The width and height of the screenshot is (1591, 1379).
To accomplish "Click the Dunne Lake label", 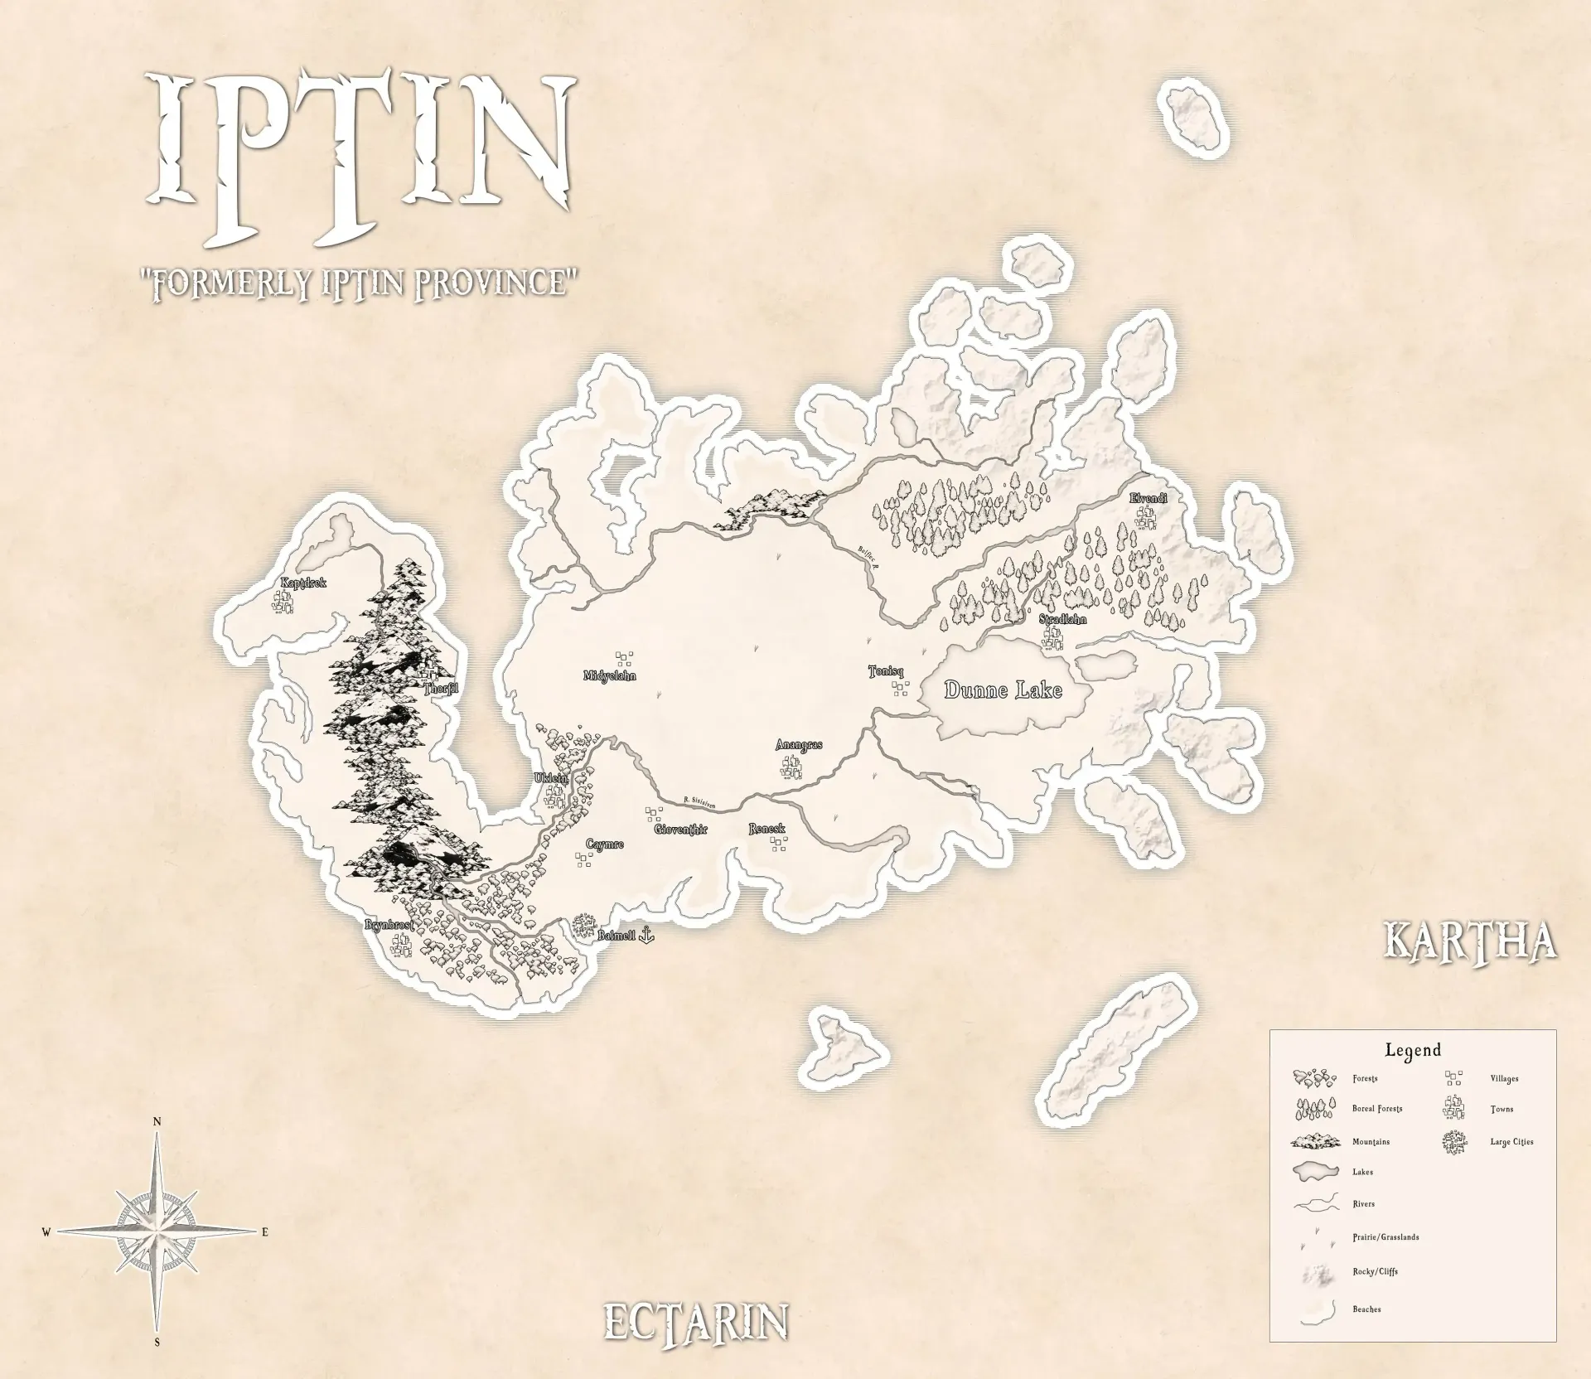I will click(1003, 690).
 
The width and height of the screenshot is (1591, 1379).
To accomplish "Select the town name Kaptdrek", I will click(303, 583).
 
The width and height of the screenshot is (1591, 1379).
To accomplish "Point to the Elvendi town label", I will click(1149, 498).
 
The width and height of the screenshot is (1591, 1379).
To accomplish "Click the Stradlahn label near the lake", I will click(1062, 619).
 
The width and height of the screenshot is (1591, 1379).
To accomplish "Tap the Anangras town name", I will click(799, 745).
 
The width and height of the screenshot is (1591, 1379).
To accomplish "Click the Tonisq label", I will click(885, 671).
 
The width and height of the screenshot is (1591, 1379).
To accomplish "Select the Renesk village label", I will click(766, 829).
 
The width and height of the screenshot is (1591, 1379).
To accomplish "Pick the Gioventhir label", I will click(681, 829).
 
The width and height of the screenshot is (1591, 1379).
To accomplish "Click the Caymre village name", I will click(604, 844).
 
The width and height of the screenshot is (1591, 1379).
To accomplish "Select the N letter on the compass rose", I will click(157, 1121).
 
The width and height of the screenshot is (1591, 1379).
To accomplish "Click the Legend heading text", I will click(1413, 1050).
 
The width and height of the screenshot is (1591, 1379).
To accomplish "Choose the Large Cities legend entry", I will click(1511, 1142).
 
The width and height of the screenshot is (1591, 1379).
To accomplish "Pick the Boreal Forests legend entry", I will click(1377, 1109).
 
